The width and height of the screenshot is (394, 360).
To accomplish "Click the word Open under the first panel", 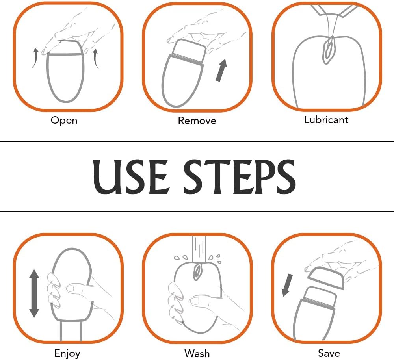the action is tap(64, 120).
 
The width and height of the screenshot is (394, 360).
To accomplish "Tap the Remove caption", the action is tap(197, 121).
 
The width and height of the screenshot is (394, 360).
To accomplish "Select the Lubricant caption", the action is tap(326, 120).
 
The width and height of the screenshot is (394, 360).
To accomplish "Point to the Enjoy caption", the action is tap(67, 353).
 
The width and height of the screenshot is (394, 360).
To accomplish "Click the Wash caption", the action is tap(197, 353).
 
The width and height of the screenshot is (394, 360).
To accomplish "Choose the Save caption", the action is tap(329, 353).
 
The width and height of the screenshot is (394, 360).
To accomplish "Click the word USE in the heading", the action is tap(130, 176).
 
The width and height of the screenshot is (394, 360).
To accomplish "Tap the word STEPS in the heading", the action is tap(240, 176).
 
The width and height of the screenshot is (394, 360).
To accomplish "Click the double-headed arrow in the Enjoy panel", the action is tap(34, 293).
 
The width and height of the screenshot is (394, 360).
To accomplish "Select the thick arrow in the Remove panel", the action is tap(221, 70).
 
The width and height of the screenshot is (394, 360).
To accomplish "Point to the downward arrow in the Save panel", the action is tap(287, 285).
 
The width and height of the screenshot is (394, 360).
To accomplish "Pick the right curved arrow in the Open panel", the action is tap(95, 59).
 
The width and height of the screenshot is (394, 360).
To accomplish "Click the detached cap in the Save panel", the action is tap(326, 278).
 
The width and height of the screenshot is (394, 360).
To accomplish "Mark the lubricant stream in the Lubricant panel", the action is tap(332, 24).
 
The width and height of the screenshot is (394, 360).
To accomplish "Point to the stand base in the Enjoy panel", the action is tap(71, 331).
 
